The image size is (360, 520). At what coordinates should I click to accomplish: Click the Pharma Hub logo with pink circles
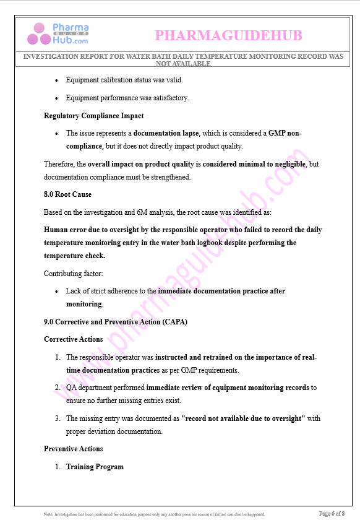point(58,34)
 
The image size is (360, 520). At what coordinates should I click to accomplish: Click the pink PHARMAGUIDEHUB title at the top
point(228,36)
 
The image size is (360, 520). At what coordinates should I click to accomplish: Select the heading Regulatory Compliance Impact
point(93,116)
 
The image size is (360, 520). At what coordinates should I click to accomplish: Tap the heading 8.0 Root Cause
point(67,194)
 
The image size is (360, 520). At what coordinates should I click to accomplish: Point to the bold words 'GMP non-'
point(285,133)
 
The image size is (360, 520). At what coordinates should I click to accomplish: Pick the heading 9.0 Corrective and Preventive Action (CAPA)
point(115,322)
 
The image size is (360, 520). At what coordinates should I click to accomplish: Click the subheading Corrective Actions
point(73,339)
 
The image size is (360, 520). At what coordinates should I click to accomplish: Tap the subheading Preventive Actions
point(73,449)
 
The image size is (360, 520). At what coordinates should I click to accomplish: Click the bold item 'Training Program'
point(95,467)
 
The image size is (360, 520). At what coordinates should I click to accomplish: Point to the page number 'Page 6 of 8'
point(332,513)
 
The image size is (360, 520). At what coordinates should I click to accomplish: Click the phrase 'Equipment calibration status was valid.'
point(124,80)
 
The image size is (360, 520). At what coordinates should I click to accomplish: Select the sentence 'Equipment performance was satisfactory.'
point(127,98)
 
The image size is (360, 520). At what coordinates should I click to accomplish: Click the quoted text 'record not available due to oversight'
point(243,418)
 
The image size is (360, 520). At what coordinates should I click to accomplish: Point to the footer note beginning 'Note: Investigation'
point(155,514)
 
